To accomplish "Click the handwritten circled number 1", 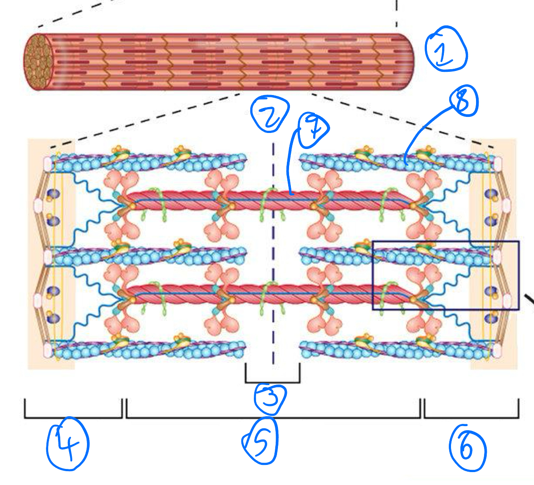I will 446,49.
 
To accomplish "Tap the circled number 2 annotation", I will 269,114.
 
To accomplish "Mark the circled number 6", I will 467,448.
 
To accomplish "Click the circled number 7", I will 314,129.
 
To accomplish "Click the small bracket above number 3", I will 272,381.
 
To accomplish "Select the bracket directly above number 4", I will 73,417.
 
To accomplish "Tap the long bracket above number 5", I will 273,417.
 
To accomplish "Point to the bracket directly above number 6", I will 471,417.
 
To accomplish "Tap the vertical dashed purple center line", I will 273,250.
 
